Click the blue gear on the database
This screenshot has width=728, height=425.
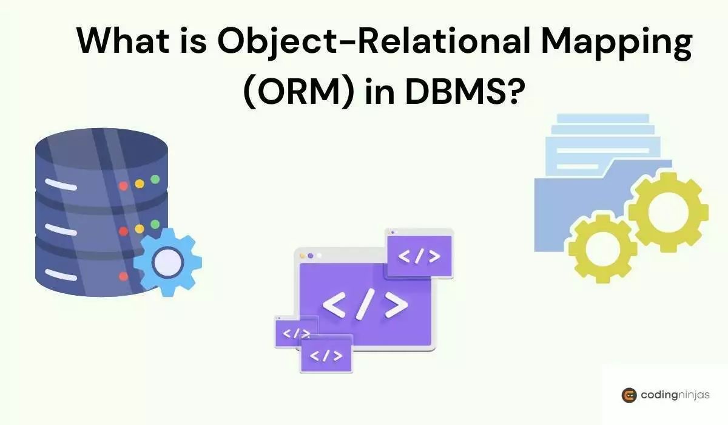point(167,260)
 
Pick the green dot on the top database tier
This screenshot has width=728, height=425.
point(155,179)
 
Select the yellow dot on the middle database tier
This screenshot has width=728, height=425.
point(140,229)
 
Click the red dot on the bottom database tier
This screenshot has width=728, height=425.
point(124,276)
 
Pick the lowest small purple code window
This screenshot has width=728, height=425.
point(326,356)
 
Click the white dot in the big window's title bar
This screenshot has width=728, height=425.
point(319,256)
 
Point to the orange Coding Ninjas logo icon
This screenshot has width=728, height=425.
point(629,395)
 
